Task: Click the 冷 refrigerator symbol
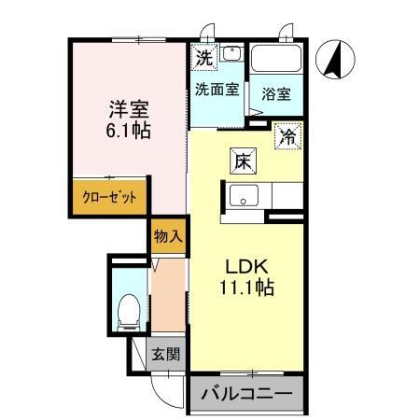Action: tap(288, 138)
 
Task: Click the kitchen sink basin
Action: tap(245, 197)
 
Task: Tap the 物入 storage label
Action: tap(167, 236)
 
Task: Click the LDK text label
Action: tap(244, 264)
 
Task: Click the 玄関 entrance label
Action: tap(168, 355)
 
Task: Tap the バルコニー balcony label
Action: tap(247, 395)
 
